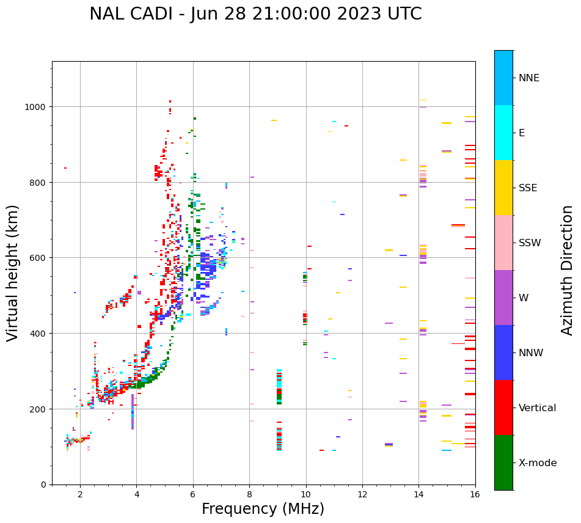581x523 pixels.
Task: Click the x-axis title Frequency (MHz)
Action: click(x=263, y=509)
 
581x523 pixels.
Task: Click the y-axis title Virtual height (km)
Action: click(x=13, y=273)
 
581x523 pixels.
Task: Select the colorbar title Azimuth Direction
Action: click(x=568, y=270)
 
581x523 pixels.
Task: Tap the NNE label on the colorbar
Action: click(x=529, y=78)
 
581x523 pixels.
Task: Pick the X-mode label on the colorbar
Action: click(x=538, y=463)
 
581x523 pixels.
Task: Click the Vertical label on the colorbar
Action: click(x=537, y=408)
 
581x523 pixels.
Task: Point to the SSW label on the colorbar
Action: click(x=530, y=243)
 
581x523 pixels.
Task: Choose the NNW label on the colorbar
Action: click(x=532, y=353)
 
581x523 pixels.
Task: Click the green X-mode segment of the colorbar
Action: click(x=503, y=463)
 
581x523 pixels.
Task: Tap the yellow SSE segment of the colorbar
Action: click(x=503, y=188)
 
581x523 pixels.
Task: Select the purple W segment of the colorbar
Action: click(x=503, y=298)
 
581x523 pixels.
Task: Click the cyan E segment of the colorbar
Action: click(x=503, y=133)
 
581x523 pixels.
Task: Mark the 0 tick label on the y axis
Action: click(x=45, y=485)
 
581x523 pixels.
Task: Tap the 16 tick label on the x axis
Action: click(x=475, y=495)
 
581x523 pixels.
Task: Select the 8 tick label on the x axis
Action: click(x=249, y=495)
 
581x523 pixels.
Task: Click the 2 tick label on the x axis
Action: click(x=80, y=495)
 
